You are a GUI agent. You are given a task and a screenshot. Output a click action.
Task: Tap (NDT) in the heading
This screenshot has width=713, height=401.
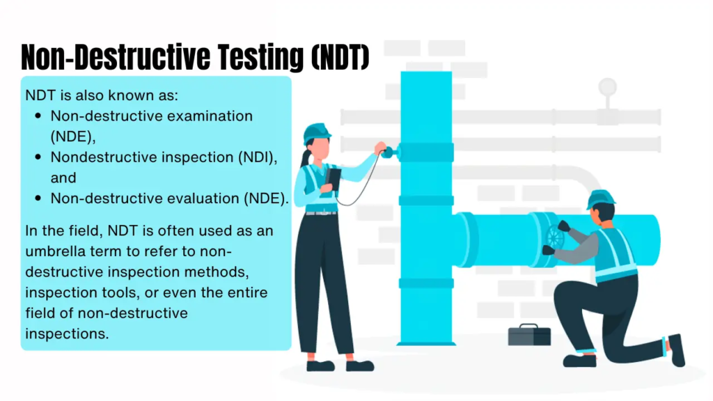click(x=340, y=57)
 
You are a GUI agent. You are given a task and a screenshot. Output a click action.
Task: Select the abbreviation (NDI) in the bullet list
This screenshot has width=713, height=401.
click(x=258, y=157)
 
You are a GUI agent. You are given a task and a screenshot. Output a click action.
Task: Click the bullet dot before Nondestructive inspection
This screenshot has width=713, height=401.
click(x=38, y=157)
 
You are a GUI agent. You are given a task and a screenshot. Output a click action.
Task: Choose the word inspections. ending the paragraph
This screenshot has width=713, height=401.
click(x=67, y=334)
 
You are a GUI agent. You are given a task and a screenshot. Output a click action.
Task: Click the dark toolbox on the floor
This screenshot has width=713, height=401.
click(x=529, y=335)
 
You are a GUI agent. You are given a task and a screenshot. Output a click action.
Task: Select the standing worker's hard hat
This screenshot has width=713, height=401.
click(x=317, y=132)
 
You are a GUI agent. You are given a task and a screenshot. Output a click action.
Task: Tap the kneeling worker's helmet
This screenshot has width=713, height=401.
click(x=600, y=198)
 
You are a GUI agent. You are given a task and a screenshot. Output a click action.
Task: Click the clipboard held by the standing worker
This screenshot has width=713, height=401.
click(x=333, y=182)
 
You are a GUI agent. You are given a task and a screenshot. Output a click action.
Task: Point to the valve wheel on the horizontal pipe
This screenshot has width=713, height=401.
click(x=554, y=237)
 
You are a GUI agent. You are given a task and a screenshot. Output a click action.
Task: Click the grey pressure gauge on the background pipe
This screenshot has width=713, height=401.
click(x=607, y=87)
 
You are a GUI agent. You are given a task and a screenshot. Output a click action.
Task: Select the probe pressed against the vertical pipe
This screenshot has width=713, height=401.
click(x=391, y=152)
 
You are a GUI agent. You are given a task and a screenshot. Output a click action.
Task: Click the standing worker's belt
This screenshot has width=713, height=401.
click(x=322, y=213)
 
